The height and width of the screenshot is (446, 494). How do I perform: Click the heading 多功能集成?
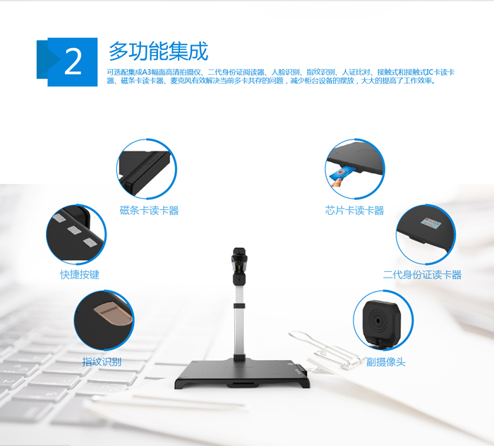tap(158, 51)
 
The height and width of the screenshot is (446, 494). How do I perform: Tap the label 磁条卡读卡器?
tap(149, 210)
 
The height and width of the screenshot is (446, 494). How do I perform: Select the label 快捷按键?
tap(80, 274)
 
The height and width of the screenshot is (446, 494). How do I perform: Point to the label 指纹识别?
tap(102, 361)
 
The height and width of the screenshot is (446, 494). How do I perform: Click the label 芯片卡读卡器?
tap(354, 210)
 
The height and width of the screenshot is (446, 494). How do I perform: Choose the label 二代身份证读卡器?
tap(422, 274)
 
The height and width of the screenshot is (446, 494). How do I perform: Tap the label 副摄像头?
tap(385, 361)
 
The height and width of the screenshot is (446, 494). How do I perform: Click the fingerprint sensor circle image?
tap(104, 320)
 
